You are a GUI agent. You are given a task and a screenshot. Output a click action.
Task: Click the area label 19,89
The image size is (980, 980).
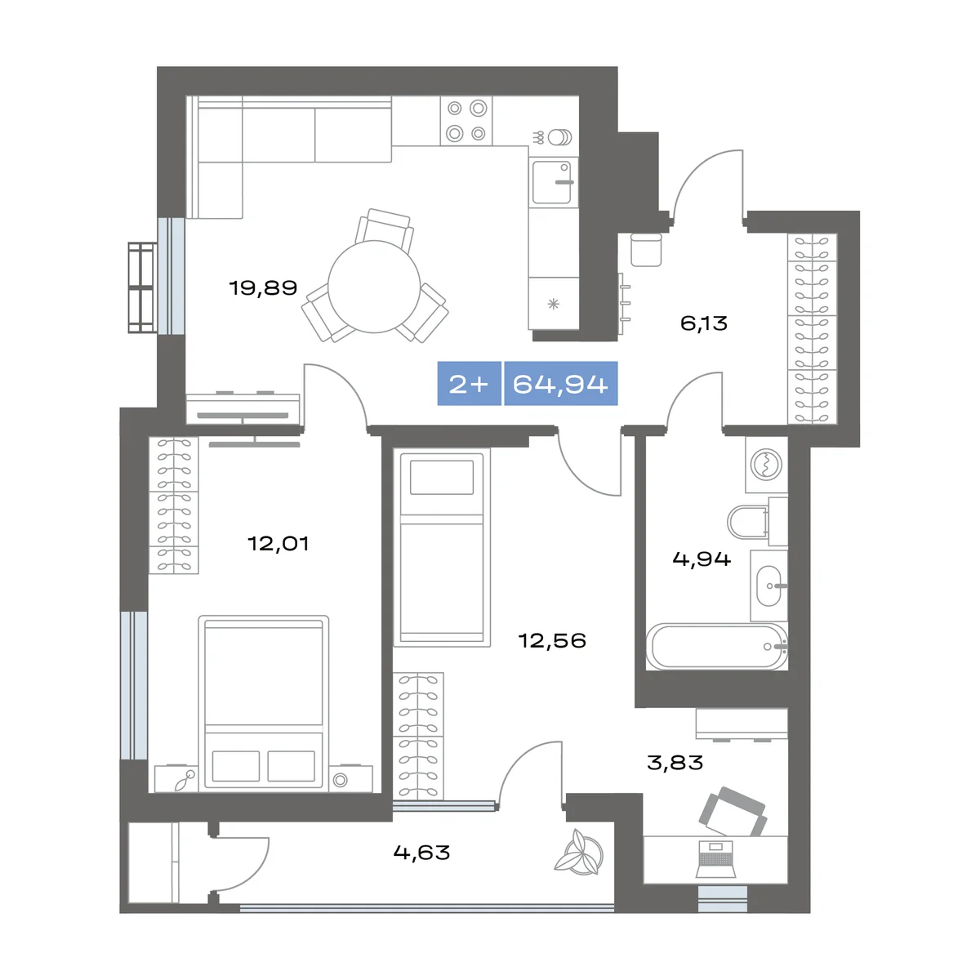263,287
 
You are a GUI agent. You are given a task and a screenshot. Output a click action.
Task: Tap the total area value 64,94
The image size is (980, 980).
560,384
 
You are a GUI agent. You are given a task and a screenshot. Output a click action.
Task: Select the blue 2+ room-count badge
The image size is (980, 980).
469,384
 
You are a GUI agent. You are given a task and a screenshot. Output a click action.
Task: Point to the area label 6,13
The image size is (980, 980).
704,323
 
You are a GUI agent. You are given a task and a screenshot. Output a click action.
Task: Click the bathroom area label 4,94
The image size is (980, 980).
702,559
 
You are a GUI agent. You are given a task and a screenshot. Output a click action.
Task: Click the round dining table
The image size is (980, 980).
374,287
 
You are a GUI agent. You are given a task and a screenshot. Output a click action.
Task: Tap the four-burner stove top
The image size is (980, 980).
466,121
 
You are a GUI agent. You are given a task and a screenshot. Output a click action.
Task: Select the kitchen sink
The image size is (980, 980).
553,182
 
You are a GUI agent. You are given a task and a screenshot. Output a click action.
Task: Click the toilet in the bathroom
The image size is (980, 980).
747,522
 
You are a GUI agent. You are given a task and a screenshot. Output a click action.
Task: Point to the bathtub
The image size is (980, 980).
717,647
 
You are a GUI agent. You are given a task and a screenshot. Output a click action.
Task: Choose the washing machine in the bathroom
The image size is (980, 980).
766,465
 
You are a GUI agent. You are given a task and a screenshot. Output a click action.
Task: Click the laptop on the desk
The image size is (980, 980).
716,859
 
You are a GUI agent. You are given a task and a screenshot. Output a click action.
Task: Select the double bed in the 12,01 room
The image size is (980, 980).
264,703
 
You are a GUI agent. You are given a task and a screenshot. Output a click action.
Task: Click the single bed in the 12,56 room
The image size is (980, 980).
442,547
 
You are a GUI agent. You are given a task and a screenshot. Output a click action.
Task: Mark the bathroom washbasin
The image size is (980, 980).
768,586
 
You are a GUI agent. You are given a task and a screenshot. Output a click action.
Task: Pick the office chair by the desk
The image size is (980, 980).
733,812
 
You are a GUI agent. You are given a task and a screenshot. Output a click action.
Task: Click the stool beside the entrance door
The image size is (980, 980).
646,250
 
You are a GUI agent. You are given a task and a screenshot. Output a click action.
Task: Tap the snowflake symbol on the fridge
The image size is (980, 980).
554,304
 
